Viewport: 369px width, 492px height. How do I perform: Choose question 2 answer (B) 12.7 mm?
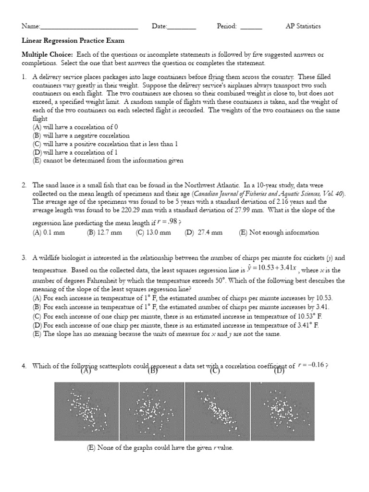[104, 233]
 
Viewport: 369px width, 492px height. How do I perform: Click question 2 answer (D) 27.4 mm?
[204, 233]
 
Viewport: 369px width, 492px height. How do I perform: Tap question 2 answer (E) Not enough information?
[279, 233]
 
